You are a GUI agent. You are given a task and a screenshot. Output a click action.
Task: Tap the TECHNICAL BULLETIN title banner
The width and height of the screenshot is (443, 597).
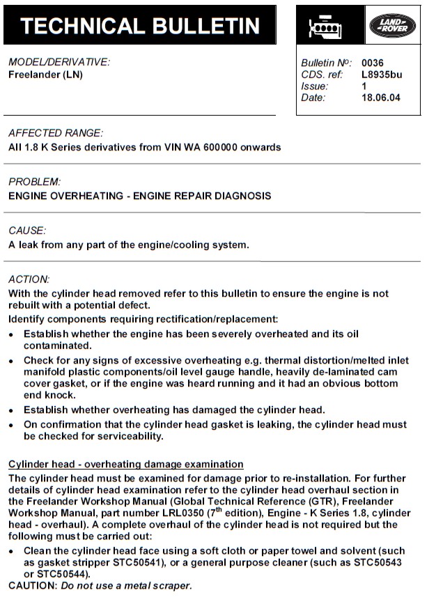tap(140, 26)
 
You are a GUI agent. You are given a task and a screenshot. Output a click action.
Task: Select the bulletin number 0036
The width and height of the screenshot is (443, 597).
tap(373, 63)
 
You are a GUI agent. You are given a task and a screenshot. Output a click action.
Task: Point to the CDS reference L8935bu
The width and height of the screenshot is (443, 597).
tap(382, 75)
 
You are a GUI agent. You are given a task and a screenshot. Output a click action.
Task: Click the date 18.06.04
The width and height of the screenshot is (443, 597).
tap(381, 98)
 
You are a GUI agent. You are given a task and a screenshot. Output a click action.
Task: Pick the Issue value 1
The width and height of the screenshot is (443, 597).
tap(364, 86)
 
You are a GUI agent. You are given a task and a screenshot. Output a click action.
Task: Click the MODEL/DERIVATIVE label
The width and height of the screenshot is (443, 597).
tap(59, 62)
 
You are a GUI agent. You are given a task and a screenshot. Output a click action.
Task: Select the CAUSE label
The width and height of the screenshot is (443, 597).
tap(27, 230)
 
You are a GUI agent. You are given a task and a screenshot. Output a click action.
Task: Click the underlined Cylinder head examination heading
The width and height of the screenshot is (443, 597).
tap(126, 464)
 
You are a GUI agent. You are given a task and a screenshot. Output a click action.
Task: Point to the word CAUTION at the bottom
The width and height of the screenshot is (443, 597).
tap(31, 586)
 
